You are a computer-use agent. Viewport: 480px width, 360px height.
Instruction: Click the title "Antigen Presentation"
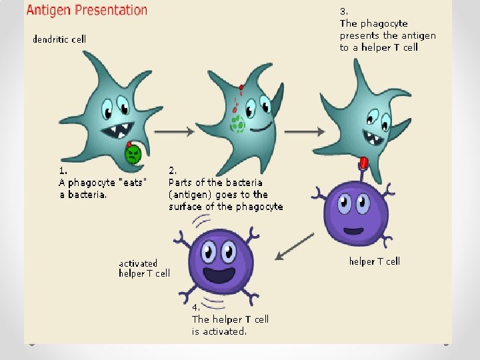pyautogui.click(x=87, y=11)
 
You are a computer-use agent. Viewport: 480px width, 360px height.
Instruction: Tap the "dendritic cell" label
pyautogui.click(x=59, y=39)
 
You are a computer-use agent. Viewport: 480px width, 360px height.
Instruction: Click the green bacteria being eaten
pyautogui.click(x=133, y=154)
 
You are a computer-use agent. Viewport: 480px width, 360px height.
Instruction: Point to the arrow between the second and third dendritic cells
pyautogui.click(x=295, y=131)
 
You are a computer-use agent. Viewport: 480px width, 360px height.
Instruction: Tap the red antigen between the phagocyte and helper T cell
pyautogui.click(x=363, y=163)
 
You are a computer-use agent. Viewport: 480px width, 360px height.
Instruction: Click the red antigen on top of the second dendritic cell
pyautogui.click(x=241, y=88)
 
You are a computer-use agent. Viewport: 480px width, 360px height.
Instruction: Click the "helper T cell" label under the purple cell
pyautogui.click(x=374, y=261)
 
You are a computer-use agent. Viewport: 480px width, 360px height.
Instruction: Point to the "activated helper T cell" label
pyautogui.click(x=144, y=268)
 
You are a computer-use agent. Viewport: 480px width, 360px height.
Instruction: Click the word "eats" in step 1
pyautogui.click(x=133, y=182)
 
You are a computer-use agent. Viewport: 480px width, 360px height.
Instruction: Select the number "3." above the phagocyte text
pyautogui.click(x=344, y=11)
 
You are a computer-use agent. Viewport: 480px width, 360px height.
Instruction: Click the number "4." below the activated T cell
pyautogui.click(x=197, y=308)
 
